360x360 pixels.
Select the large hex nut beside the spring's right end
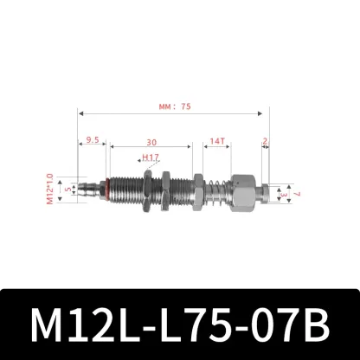click(242, 190)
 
